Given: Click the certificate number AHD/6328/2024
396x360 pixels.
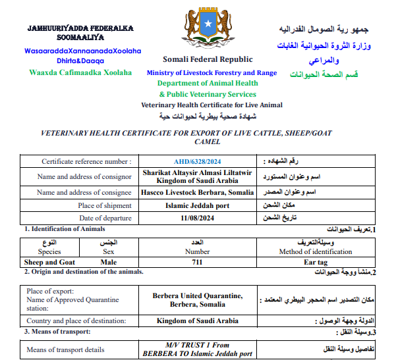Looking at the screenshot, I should pos(198,161).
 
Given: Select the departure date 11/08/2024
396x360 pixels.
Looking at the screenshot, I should pos(198,218).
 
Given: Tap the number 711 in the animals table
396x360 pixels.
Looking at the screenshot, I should pos(198,262).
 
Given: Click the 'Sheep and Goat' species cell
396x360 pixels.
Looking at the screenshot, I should pos(50,262).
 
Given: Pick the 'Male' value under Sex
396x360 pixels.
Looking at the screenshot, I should pos(109,262).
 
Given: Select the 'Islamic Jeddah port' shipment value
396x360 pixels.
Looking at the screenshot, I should pos(198,205).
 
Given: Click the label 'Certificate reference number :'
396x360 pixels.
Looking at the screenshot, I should pos(86,161).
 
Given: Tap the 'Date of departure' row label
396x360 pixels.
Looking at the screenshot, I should pos(104,218).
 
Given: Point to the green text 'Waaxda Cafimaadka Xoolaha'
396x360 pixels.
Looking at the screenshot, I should pos(80,72).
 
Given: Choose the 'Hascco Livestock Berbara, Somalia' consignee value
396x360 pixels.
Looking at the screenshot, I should pos(198,192).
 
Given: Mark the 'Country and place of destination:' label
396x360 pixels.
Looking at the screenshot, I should pos(76,321).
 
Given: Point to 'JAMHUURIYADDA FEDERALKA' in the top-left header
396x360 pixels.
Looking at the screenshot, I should pos(80,29).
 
